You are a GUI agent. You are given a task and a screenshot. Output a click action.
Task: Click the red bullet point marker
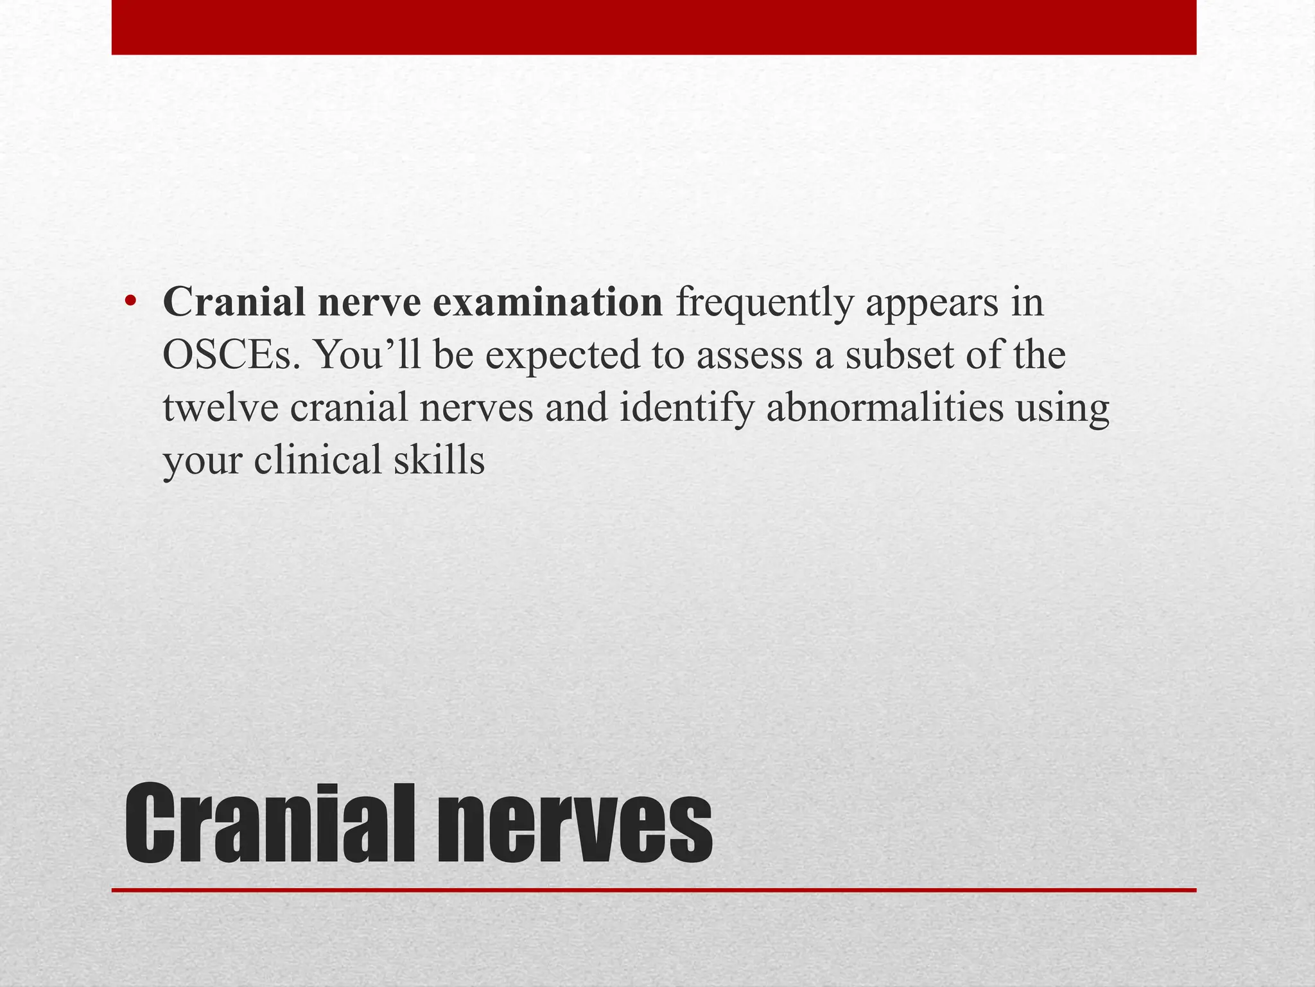click(x=131, y=303)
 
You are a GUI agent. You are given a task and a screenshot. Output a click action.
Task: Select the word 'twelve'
click(x=220, y=407)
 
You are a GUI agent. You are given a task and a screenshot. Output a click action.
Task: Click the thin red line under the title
click(x=654, y=891)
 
